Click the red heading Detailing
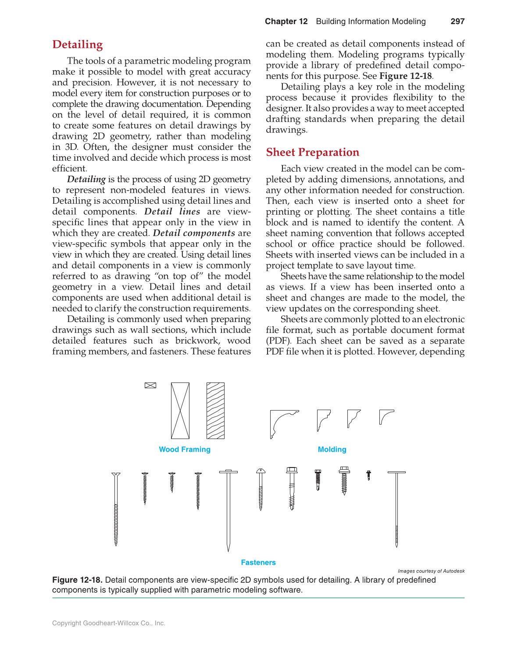(x=78, y=45)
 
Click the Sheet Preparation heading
(x=312, y=152)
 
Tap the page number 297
(x=457, y=21)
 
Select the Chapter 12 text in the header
(x=286, y=21)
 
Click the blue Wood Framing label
(x=185, y=450)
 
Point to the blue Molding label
(x=332, y=450)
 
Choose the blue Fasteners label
(x=258, y=563)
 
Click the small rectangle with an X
(x=150, y=386)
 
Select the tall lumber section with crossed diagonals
(x=180, y=411)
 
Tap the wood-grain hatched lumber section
(x=215, y=411)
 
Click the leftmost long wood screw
(x=116, y=508)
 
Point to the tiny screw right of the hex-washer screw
(x=368, y=475)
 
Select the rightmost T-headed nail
(x=396, y=508)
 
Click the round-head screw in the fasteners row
(x=261, y=489)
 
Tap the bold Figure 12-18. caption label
(x=78, y=580)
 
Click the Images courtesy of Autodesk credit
(x=431, y=571)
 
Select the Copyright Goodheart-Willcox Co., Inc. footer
(x=109, y=623)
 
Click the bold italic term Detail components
(x=194, y=233)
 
